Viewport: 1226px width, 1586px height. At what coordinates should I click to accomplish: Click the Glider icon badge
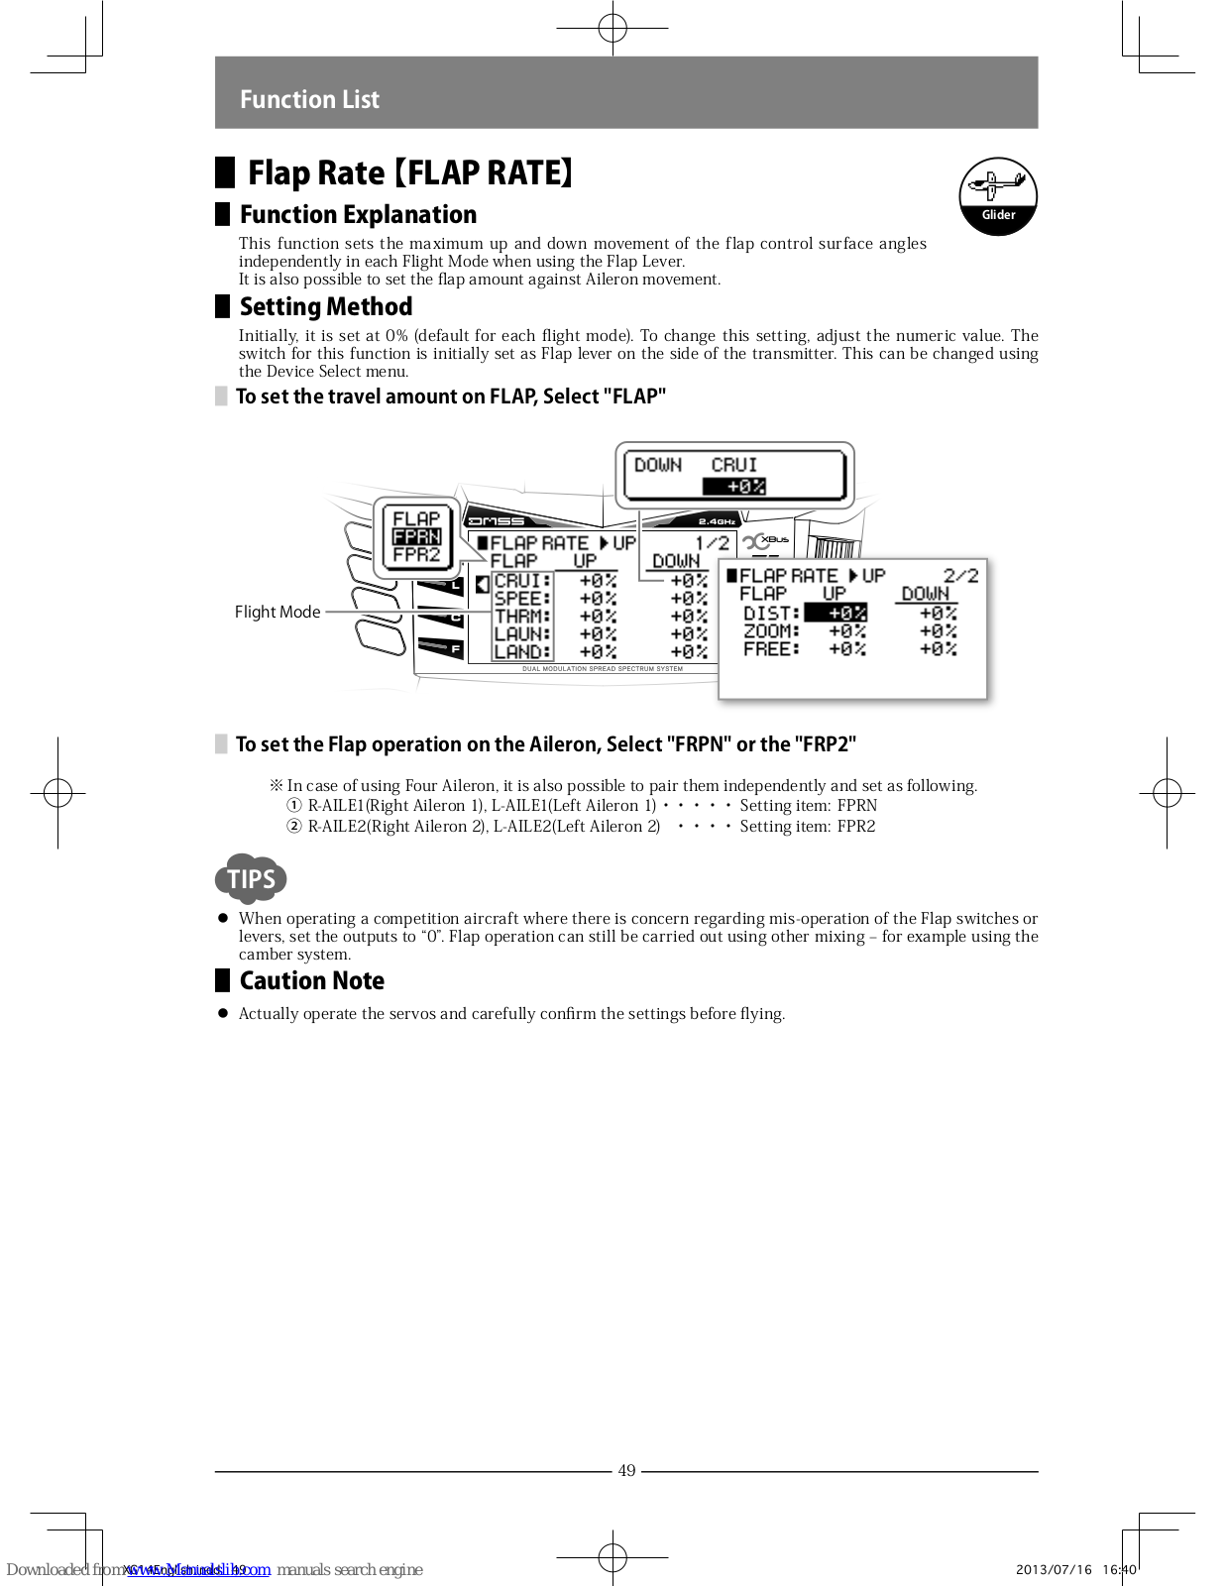[x=997, y=196]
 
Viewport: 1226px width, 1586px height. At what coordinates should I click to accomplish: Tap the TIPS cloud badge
[x=251, y=878]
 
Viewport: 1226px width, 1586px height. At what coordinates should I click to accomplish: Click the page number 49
[x=626, y=1471]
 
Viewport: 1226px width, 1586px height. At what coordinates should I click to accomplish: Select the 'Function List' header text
[x=309, y=99]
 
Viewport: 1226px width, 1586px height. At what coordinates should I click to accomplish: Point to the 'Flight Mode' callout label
[x=278, y=612]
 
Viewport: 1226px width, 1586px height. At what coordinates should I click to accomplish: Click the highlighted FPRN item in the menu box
[x=416, y=536]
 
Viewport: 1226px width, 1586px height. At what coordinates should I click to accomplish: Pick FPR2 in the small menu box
[x=416, y=555]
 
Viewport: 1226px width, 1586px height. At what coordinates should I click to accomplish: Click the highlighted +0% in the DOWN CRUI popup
[x=734, y=487]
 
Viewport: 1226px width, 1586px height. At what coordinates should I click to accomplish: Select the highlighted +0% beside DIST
[x=836, y=614]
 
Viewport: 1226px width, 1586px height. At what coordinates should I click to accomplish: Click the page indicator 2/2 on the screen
[x=960, y=576]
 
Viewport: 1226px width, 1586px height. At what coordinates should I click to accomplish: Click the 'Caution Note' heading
[x=312, y=980]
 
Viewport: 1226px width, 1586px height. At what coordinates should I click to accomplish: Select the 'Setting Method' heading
[x=326, y=306]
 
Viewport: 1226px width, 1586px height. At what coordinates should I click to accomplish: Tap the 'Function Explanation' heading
[x=358, y=214]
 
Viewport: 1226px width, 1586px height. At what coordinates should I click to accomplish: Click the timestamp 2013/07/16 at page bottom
[x=1054, y=1569]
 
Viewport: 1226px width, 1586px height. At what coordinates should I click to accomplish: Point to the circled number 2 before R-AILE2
[x=294, y=827]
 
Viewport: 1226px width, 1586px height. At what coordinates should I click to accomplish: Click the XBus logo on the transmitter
[x=768, y=541]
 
